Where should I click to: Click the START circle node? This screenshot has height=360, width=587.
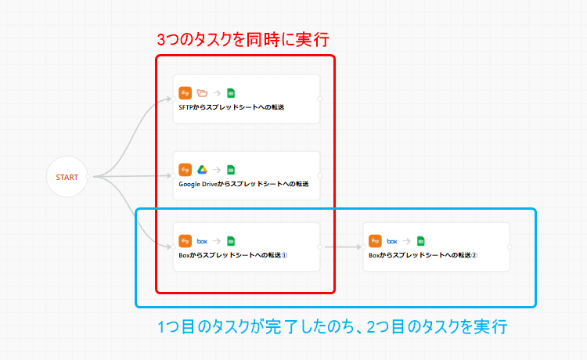pyautogui.click(x=67, y=177)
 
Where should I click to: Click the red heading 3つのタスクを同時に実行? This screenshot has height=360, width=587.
pyautogui.click(x=243, y=39)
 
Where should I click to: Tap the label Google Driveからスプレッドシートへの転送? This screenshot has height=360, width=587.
pyautogui.click(x=243, y=184)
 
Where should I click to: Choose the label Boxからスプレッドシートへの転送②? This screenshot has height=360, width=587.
pyautogui.click(x=423, y=255)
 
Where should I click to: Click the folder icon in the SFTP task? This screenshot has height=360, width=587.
pyautogui.click(x=202, y=92)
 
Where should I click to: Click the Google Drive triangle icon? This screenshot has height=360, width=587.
pyautogui.click(x=202, y=169)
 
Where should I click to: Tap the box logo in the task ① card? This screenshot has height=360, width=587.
pyautogui.click(x=202, y=241)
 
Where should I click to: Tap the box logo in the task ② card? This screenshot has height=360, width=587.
pyautogui.click(x=392, y=241)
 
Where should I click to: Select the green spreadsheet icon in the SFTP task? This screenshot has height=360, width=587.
pyautogui.click(x=231, y=92)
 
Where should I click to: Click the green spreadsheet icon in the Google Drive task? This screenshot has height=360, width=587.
pyautogui.click(x=231, y=169)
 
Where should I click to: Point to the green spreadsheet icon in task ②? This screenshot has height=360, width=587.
pyautogui.click(x=421, y=241)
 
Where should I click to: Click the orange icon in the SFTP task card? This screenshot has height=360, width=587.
pyautogui.click(x=185, y=92)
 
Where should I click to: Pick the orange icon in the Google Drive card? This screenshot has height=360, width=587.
pyautogui.click(x=185, y=169)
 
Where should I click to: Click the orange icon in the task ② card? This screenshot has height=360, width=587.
pyautogui.click(x=375, y=241)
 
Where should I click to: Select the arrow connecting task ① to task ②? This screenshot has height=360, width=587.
pyautogui.click(x=341, y=247)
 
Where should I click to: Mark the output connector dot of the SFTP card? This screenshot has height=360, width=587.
pyautogui.click(x=320, y=99)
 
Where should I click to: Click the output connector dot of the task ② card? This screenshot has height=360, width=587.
pyautogui.click(x=510, y=247)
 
